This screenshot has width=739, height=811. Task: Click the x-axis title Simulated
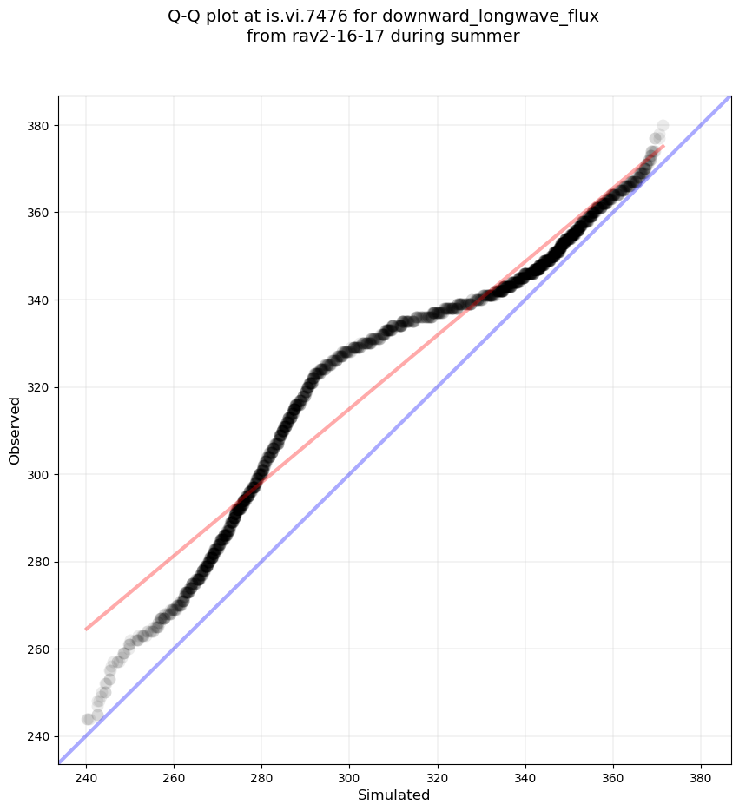point(394,795)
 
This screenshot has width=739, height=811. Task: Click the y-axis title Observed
point(15,430)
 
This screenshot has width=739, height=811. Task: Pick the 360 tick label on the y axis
point(40,213)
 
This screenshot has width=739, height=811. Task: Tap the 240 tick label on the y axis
point(40,736)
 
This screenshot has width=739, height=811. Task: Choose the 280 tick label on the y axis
point(40,562)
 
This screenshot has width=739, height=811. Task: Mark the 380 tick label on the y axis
point(40,126)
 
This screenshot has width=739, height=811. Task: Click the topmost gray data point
point(663,126)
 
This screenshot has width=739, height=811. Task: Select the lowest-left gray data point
point(88,719)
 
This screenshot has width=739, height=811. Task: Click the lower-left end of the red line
point(86,629)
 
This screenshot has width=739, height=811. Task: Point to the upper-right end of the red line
point(663,146)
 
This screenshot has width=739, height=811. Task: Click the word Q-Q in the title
point(187,16)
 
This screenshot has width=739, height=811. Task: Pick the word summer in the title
point(489,36)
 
